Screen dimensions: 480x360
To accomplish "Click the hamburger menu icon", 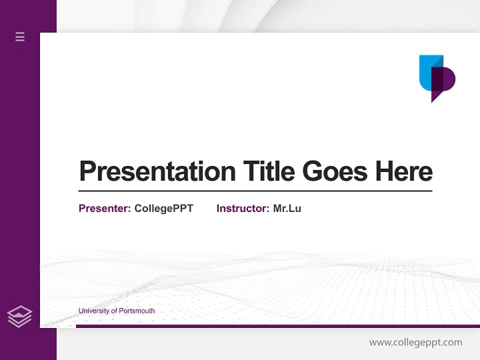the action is [x=20, y=36].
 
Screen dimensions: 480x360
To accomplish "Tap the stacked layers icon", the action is [x=19, y=316].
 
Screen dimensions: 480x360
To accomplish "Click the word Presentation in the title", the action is [x=157, y=171].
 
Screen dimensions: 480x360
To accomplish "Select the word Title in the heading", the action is [x=269, y=171].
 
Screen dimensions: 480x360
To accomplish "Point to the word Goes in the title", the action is [x=335, y=171].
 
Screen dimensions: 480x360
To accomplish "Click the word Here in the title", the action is [x=404, y=171].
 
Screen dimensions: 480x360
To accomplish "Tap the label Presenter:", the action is [x=104, y=208].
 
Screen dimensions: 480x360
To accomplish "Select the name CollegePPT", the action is [x=164, y=208].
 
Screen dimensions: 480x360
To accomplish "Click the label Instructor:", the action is [x=243, y=208].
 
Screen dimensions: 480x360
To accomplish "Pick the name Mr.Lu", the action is [x=287, y=208].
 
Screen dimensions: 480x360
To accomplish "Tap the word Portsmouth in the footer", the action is [x=137, y=310].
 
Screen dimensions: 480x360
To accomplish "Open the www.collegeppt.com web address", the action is [x=415, y=342].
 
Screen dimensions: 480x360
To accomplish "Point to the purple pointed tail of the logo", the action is [x=434, y=96].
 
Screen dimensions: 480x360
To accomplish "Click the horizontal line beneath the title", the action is [x=255, y=190].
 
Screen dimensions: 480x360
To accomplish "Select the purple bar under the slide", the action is [x=278, y=326].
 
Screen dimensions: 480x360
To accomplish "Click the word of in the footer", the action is [x=114, y=310].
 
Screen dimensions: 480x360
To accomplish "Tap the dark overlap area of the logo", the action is [x=437, y=79].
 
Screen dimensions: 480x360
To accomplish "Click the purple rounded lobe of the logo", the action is [x=449, y=79].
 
